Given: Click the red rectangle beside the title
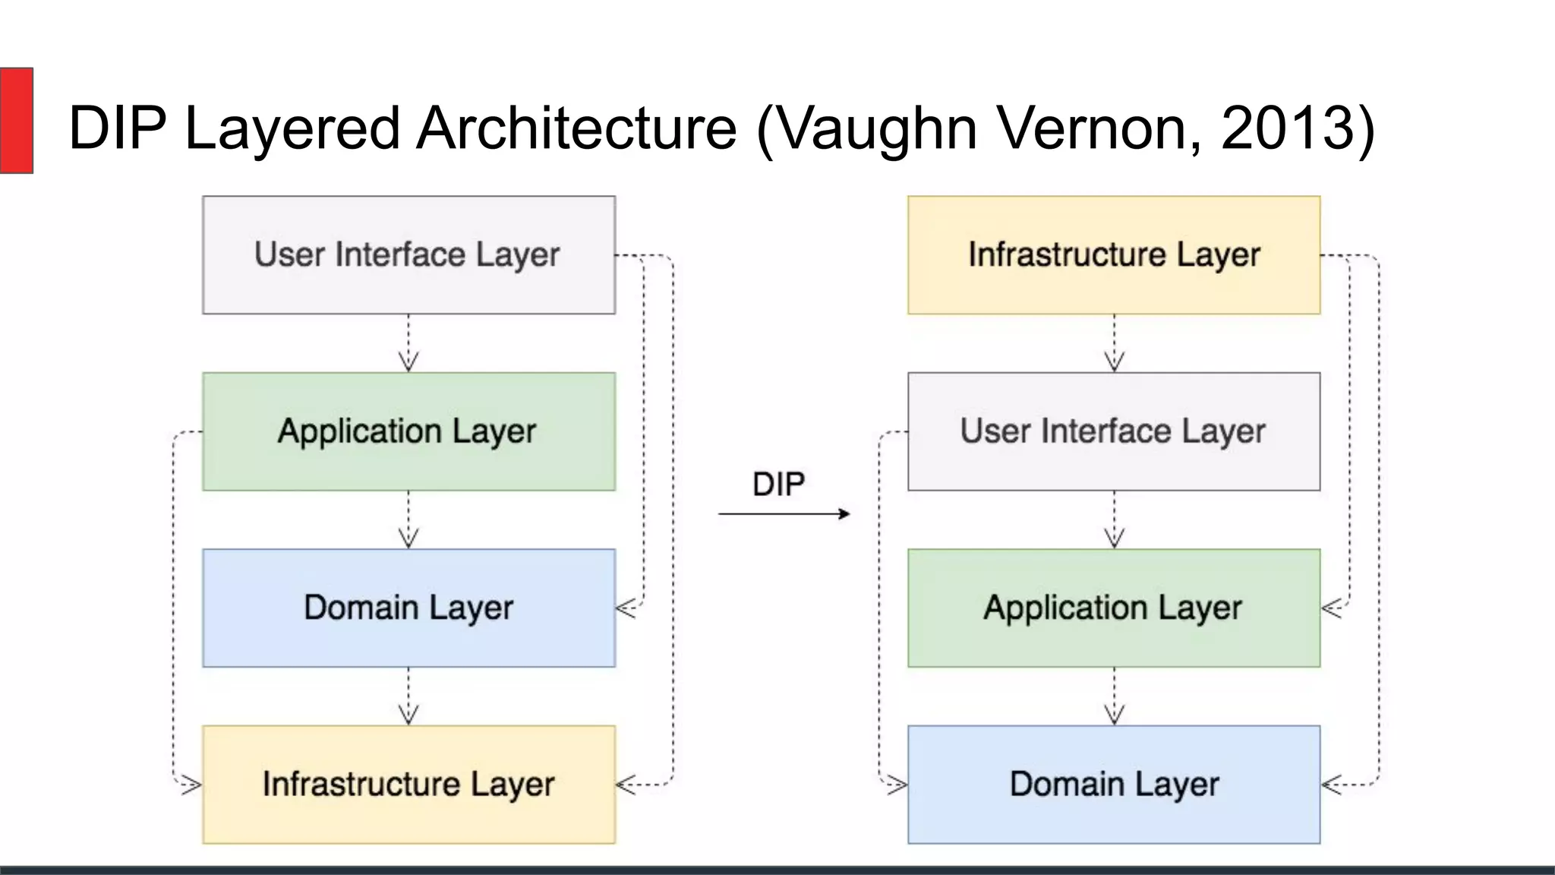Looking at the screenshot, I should [x=16, y=120].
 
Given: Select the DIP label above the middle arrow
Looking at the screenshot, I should [x=778, y=484].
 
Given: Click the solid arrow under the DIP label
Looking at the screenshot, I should [x=784, y=514].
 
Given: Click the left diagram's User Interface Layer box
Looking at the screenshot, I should [x=408, y=254].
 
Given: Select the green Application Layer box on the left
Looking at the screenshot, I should [x=408, y=431].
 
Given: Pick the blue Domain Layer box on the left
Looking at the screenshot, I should [x=408, y=608].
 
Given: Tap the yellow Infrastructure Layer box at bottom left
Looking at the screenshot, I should [x=408, y=784].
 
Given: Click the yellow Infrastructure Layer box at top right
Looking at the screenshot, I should [x=1114, y=254].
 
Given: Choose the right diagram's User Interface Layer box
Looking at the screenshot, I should [x=1114, y=431].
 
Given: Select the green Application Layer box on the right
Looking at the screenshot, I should [x=1114, y=608].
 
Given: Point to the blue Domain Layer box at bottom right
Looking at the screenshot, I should [x=1114, y=784].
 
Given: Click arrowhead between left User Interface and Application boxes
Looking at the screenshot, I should [x=408, y=362].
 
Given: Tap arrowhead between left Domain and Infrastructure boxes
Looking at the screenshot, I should [x=408, y=715].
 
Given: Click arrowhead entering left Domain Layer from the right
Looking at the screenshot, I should [x=625, y=608].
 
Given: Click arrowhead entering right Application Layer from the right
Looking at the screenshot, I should [x=1330, y=608].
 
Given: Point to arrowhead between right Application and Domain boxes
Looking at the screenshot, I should [x=1114, y=715].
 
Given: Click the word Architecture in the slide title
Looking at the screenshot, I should [x=577, y=128].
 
